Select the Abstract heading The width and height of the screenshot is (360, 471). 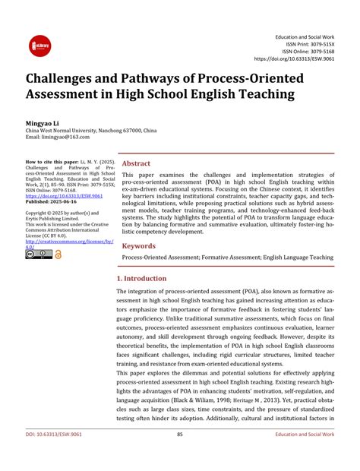[x=137, y=163]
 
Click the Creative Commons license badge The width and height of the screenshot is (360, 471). [x=39, y=254]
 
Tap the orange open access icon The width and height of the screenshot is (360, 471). [x=58, y=254]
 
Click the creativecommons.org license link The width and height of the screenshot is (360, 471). [x=68, y=242]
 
